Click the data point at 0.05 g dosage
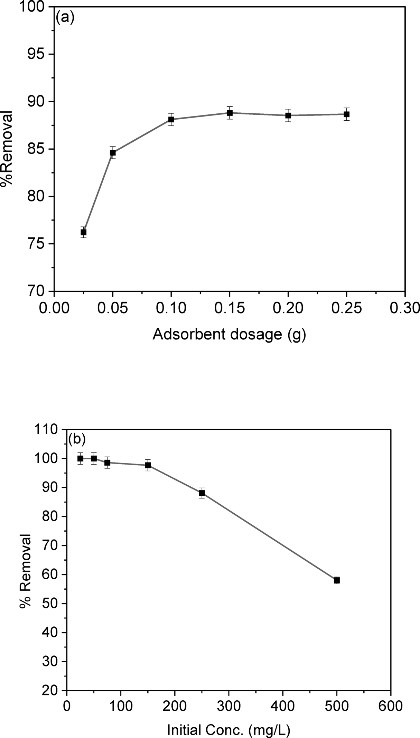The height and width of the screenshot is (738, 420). [x=113, y=152]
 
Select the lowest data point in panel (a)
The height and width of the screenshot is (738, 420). [x=83, y=232]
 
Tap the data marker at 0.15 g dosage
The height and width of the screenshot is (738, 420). [x=230, y=113]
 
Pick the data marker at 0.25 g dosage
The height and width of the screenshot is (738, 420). [x=346, y=114]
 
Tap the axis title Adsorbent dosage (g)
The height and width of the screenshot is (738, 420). [x=229, y=335]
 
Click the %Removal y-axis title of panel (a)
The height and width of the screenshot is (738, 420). [x=7, y=149]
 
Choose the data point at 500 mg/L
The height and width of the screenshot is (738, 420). [x=337, y=580]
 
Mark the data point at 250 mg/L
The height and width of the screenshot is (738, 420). [x=202, y=493]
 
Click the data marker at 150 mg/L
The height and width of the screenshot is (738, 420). [x=148, y=465]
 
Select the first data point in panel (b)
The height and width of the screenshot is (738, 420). [x=80, y=459]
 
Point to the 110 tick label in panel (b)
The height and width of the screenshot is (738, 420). [x=48, y=430]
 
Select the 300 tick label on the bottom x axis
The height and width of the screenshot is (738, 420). [x=228, y=706]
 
